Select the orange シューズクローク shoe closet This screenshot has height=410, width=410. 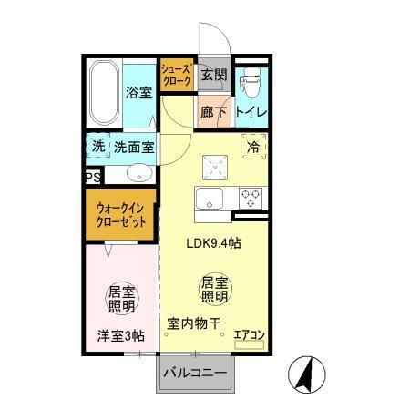[175, 75]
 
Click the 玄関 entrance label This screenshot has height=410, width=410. [215, 75]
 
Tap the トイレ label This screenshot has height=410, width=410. [251, 111]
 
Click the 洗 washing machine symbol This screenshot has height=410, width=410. [97, 146]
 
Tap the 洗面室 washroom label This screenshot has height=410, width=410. [135, 146]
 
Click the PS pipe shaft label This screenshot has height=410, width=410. [92, 178]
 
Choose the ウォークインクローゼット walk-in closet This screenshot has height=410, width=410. [120, 216]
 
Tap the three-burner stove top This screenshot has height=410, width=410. [250, 196]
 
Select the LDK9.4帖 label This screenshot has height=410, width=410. [213, 243]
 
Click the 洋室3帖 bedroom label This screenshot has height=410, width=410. [120, 336]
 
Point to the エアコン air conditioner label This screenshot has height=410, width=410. [248, 334]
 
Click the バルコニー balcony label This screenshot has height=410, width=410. [194, 373]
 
